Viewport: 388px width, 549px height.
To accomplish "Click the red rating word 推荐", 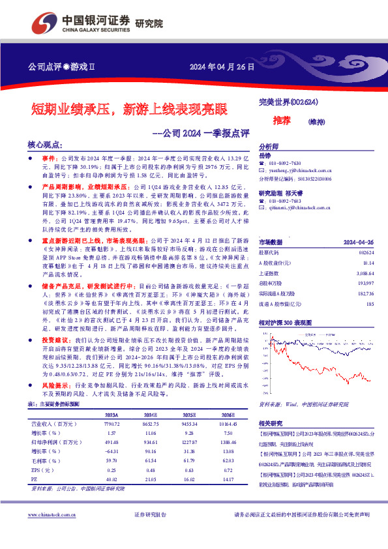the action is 282,120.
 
